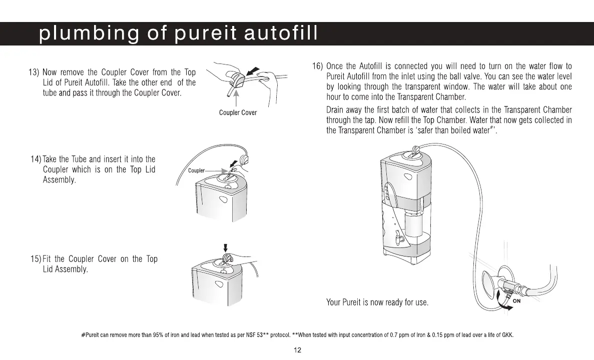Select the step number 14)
37,159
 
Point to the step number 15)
36,259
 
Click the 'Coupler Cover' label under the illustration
238,112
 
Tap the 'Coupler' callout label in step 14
196,170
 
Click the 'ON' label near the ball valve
517,301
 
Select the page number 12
297,350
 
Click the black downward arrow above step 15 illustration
226,247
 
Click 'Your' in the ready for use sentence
334,302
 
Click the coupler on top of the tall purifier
415,148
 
